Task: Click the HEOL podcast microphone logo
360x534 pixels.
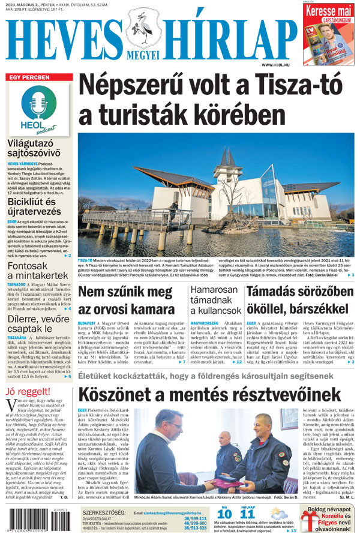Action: click(x=38, y=107)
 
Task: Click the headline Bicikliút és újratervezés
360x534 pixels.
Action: click(x=34, y=208)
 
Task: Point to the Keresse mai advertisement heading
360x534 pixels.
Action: click(x=327, y=11)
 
